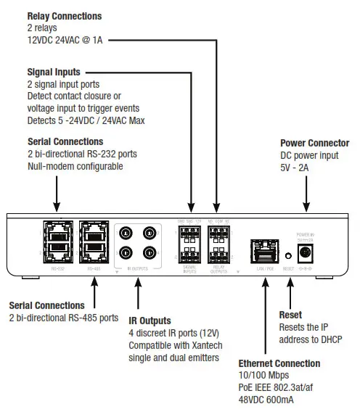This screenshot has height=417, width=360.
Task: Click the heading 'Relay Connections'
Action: coord(64,16)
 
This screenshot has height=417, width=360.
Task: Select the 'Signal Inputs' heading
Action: coord(54,73)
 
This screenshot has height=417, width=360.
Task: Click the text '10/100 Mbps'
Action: coord(263,375)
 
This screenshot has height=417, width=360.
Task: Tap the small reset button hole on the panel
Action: coord(287,255)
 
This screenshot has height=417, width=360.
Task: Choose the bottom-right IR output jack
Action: coord(150,255)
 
